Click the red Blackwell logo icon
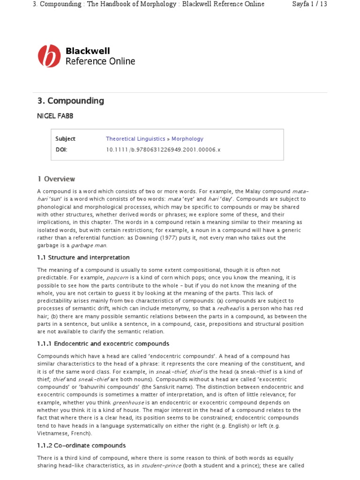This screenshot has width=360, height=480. pyautogui.click(x=49, y=56)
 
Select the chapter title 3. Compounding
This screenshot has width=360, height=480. pyautogui.click(x=71, y=101)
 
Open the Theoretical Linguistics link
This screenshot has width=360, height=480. pyautogui.click(x=135, y=139)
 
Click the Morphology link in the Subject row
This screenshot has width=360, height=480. pyautogui.click(x=187, y=139)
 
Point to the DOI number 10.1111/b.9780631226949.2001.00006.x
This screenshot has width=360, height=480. pyautogui.click(x=163, y=150)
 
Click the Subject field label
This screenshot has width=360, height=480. pyautogui.click(x=65, y=139)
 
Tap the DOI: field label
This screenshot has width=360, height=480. pyautogui.click(x=61, y=150)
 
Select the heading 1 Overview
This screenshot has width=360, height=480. pyautogui.click(x=56, y=179)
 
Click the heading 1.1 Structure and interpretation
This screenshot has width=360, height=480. pyautogui.click(x=83, y=257)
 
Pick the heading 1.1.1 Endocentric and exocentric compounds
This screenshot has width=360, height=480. pyautogui.click(x=103, y=344)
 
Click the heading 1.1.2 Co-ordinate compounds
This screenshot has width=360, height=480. pyautogui.click(x=82, y=445)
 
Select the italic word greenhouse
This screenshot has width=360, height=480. pyautogui.click(x=128, y=402)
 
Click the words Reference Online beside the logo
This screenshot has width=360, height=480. pyautogui.click(x=100, y=61)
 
